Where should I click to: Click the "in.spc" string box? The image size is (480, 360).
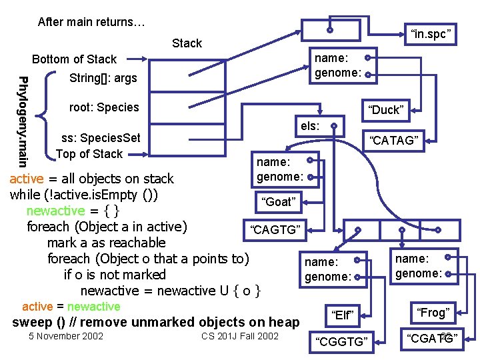pos(431,33)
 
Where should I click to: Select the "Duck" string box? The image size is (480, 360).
pos(386,110)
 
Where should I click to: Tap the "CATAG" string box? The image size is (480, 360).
pos(395,140)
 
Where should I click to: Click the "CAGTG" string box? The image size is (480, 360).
pos(275,231)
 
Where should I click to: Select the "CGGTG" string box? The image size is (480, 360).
pos(342,341)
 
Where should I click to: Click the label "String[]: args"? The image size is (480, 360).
pos(103,78)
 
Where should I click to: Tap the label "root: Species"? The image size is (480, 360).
pos(104,107)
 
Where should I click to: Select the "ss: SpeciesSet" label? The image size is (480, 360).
pos(101,138)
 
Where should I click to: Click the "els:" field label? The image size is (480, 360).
pos(310,125)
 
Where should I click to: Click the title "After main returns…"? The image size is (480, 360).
pos(91,22)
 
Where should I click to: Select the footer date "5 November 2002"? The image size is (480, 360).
pos(66,335)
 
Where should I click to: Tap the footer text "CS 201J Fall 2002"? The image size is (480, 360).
pos(239,335)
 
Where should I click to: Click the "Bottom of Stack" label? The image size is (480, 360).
pos(74,59)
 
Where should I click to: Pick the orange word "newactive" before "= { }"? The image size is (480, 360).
pos(55,211)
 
